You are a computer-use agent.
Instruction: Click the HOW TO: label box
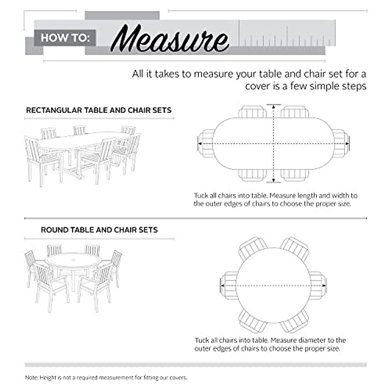(x=65, y=38)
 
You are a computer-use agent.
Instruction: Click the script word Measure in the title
(x=169, y=40)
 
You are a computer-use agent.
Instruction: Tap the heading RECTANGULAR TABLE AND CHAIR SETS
(x=99, y=110)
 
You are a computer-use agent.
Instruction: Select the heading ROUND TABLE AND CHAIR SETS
(x=99, y=230)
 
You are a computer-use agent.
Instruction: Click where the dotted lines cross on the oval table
(x=274, y=144)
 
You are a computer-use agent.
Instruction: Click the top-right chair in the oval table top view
(x=295, y=112)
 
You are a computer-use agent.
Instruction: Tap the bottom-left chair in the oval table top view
(x=252, y=175)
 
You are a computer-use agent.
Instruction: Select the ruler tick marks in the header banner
(x=287, y=38)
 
